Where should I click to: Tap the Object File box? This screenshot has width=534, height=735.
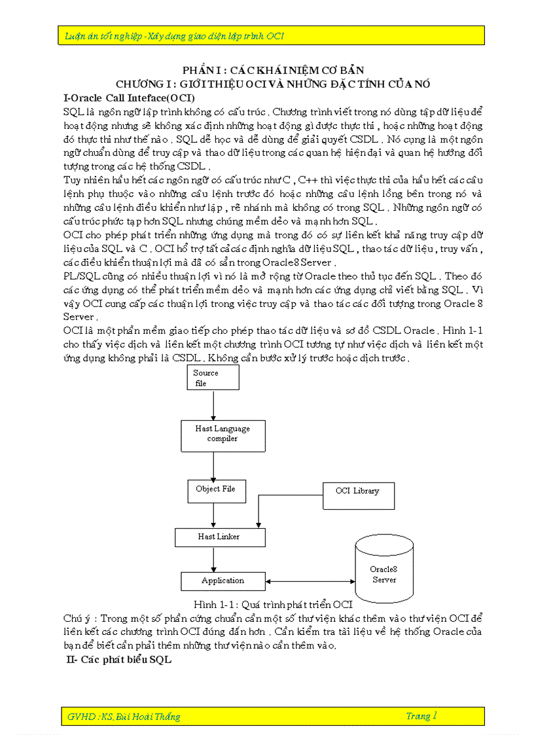coord(215,490)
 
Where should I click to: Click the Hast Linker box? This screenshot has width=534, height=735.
coord(219,537)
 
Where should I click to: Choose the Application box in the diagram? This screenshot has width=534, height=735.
coord(222,581)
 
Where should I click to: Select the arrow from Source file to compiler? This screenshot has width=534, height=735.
coord(213,404)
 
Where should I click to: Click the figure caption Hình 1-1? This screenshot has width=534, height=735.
coord(273,603)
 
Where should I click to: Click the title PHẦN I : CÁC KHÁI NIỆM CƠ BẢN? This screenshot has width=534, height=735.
coord(273,70)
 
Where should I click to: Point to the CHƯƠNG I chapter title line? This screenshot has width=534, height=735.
coord(273,84)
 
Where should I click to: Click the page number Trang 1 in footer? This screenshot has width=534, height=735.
coord(421,716)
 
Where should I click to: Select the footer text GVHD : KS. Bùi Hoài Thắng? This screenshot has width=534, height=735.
coord(124,717)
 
